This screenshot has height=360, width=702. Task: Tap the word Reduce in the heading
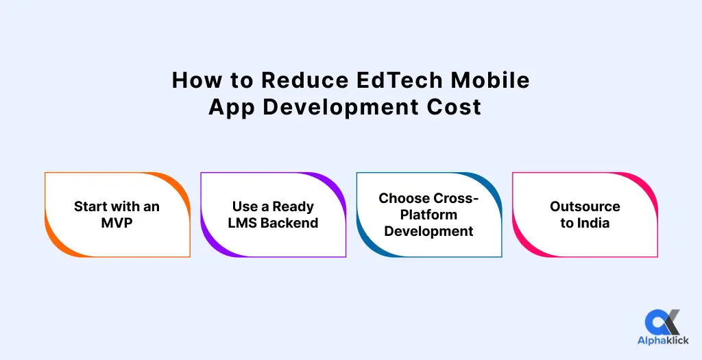pos(304,80)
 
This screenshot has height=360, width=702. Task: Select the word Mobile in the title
pos(490,80)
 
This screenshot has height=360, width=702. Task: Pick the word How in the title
pos(195,80)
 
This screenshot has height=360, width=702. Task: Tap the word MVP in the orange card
pos(117,223)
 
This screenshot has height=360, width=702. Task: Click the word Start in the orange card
pos(91,206)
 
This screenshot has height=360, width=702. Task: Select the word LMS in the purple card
pos(241,223)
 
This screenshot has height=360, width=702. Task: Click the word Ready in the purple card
pos(293,206)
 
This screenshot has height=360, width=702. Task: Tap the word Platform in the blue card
pos(428,215)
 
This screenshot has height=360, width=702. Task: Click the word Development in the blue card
pos(428,231)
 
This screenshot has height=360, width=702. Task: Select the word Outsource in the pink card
pos(585,206)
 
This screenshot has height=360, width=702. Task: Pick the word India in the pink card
pos(593,223)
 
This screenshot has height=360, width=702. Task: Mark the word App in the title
pos(231,107)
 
